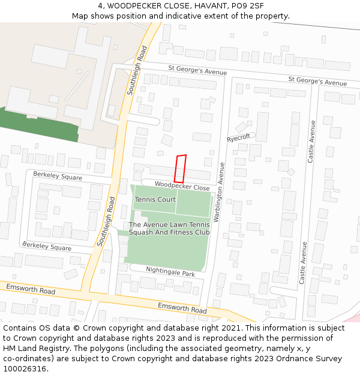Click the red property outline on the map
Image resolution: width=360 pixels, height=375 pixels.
tap(180, 169)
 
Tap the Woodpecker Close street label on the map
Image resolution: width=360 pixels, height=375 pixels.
tap(182, 187)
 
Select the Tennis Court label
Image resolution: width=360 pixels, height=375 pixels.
tap(155, 199)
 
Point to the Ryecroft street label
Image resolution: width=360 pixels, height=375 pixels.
tap(238, 138)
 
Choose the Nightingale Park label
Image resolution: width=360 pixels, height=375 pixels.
tap(170, 272)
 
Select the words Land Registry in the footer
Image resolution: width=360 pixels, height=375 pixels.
tap(47, 348)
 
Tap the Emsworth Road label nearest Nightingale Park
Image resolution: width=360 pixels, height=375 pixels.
tap(182, 308)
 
